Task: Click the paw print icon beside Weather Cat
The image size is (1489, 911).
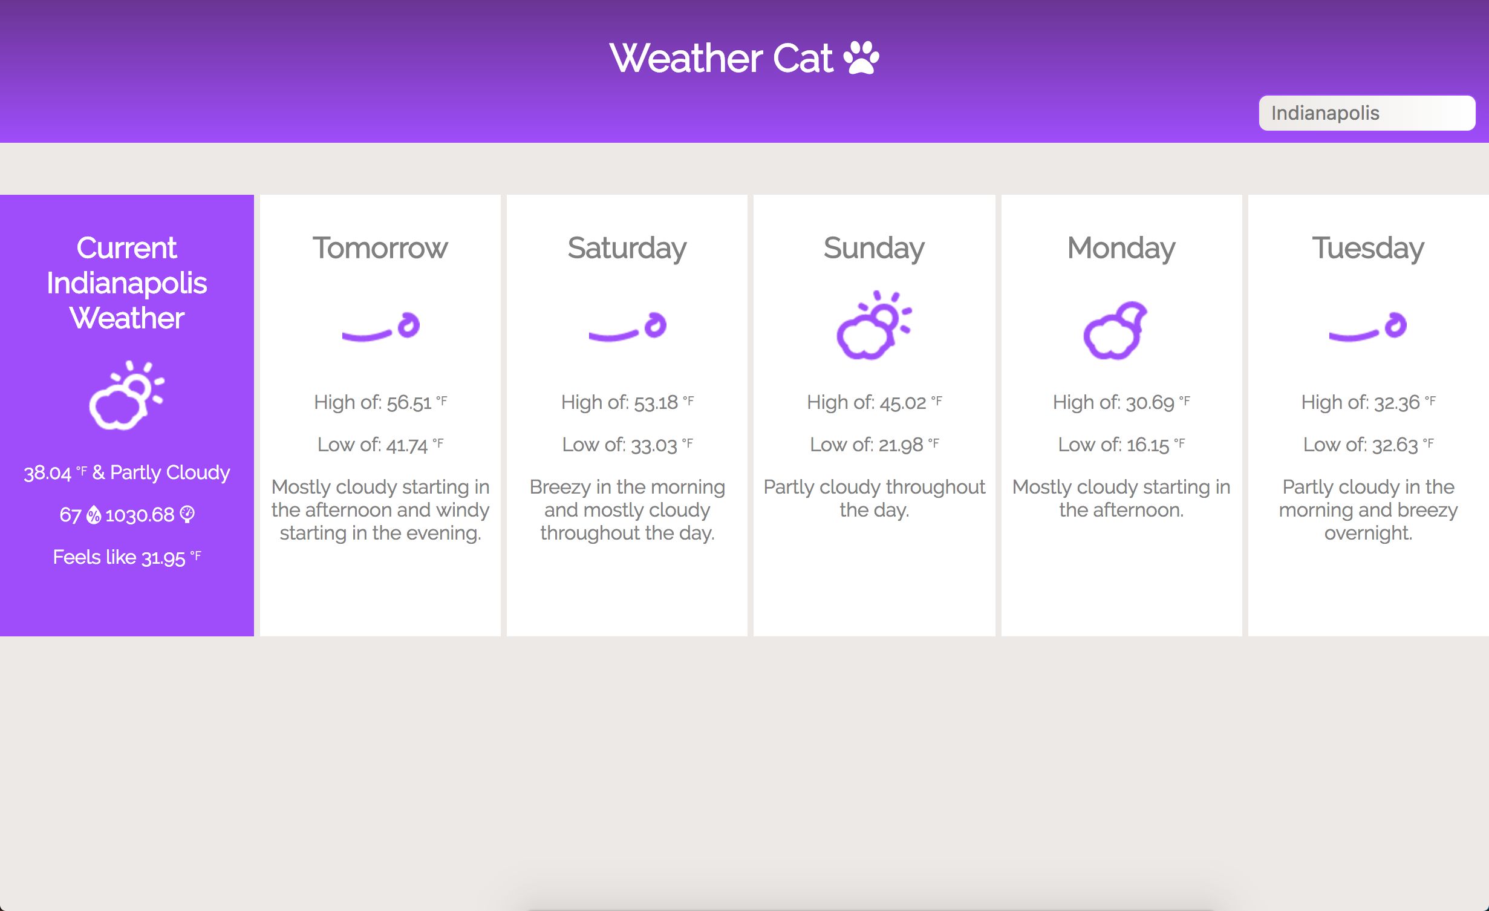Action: (x=861, y=57)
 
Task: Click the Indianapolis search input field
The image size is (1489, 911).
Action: (x=1367, y=113)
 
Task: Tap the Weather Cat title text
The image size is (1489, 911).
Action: (x=722, y=58)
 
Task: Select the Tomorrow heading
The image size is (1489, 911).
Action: (x=380, y=248)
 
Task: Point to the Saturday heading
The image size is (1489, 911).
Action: (x=627, y=249)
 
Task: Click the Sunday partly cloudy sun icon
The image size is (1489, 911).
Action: (x=874, y=325)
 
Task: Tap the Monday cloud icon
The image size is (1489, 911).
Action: (x=1115, y=330)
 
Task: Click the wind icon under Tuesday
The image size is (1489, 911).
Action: (x=1368, y=327)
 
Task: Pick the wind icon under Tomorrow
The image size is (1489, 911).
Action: (x=381, y=327)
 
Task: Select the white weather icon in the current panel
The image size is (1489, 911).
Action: (x=126, y=396)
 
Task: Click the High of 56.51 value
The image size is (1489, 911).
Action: (x=380, y=402)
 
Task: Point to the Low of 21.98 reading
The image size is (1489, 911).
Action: (x=875, y=445)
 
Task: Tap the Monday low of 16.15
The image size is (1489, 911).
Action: (x=1121, y=445)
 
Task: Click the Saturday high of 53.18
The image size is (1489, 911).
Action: (x=627, y=402)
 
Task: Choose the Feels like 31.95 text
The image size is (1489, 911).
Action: (x=127, y=557)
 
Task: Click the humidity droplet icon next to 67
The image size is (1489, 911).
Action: (x=94, y=515)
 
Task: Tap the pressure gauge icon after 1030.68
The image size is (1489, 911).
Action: (x=187, y=515)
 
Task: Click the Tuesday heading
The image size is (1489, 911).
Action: (x=1368, y=249)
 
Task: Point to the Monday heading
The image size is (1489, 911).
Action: (x=1121, y=249)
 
